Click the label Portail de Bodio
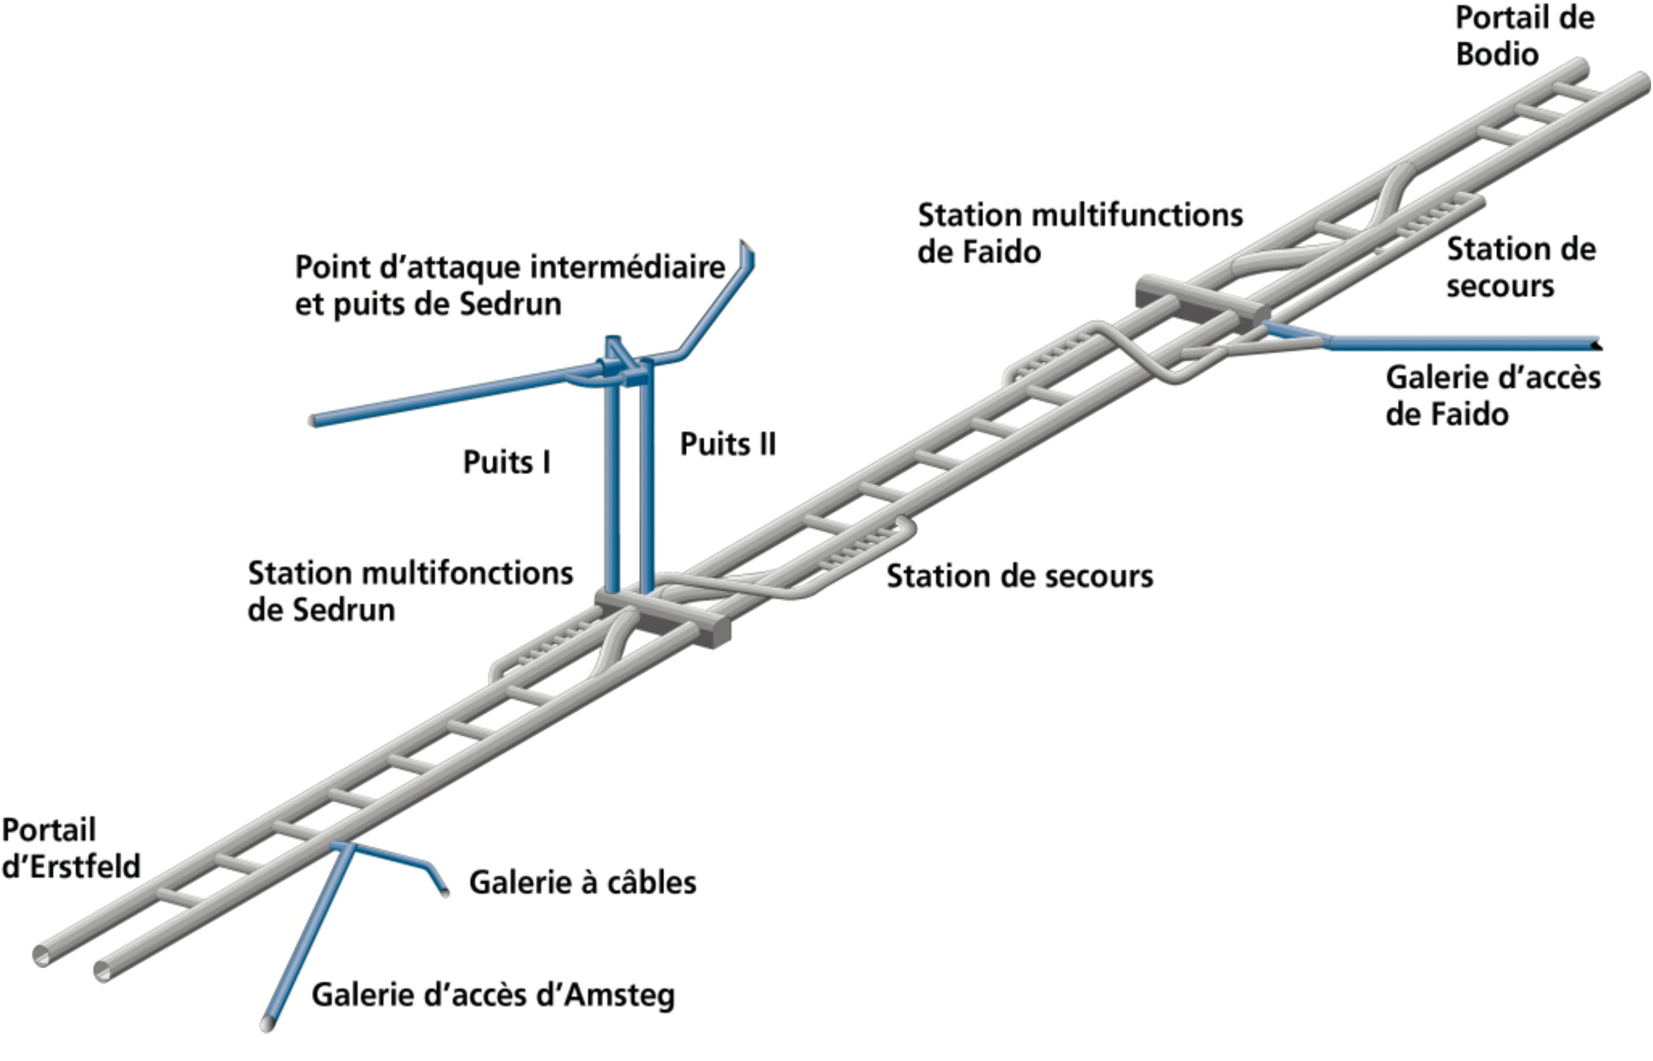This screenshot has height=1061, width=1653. click(1524, 36)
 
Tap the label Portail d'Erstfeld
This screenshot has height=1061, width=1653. click(70, 849)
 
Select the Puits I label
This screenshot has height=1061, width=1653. click(506, 462)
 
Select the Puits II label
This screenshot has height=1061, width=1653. click(728, 445)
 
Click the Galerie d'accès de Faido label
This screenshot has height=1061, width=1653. click(1492, 396)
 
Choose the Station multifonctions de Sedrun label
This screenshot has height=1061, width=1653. click(410, 592)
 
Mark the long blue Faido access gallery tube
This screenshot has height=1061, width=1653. click(1461, 342)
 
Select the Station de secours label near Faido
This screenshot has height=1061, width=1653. click(1520, 268)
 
